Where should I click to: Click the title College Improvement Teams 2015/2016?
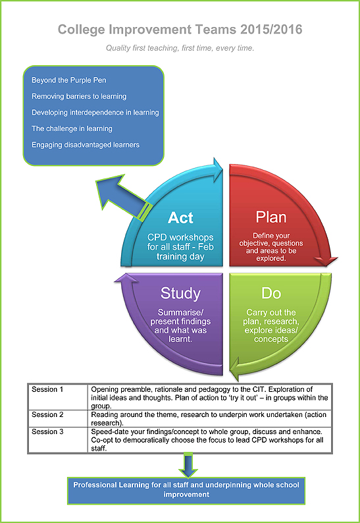click(x=180, y=30)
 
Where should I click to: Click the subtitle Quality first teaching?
click(x=180, y=49)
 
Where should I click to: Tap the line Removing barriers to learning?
click(x=79, y=96)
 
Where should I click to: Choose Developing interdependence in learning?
click(x=95, y=113)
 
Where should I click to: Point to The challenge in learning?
click(x=72, y=128)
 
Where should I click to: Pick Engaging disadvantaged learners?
click(x=86, y=145)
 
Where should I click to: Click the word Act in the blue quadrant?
click(x=180, y=217)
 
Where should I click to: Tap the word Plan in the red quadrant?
click(x=270, y=217)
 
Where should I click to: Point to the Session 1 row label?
click(x=47, y=390)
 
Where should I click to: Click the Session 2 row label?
click(x=47, y=415)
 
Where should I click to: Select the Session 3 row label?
click(x=47, y=431)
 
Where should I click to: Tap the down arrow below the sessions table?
click(x=189, y=465)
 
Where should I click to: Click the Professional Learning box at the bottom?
click(x=186, y=489)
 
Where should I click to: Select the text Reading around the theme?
click(x=132, y=415)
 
